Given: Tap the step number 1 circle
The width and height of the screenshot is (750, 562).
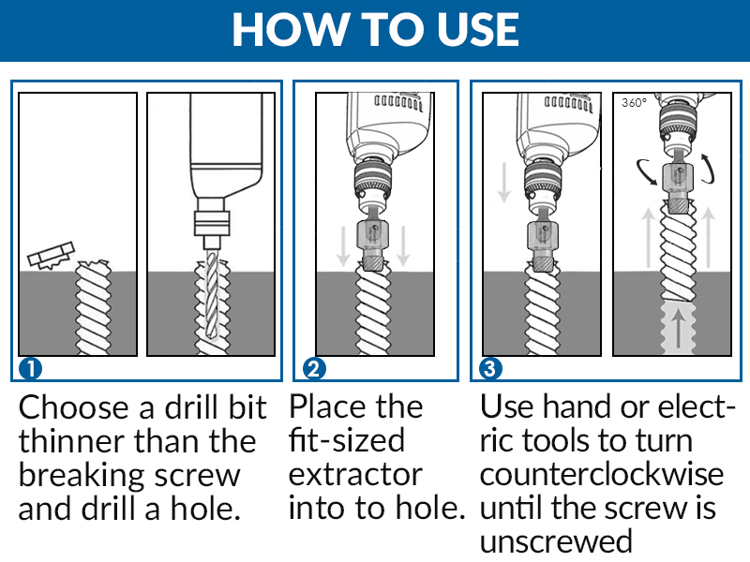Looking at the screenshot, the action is (x=30, y=368).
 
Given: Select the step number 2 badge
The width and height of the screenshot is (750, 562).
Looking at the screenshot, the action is (x=314, y=368).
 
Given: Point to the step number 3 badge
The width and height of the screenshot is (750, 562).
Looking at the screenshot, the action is (x=490, y=368).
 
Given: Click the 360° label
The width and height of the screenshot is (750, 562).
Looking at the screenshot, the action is (x=634, y=102).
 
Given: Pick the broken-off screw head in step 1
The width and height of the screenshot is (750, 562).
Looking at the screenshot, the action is (x=51, y=256).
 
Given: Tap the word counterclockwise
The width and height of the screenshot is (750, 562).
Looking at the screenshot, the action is (x=601, y=475).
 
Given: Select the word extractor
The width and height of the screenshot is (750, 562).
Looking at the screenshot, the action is (x=355, y=475).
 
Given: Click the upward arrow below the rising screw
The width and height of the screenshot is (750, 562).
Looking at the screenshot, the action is (x=678, y=327).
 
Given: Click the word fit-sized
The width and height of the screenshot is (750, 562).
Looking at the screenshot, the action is (x=347, y=440).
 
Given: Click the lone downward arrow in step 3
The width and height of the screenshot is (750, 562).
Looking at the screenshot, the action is (x=503, y=182).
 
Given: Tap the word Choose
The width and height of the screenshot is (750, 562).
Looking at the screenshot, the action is (x=74, y=407).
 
